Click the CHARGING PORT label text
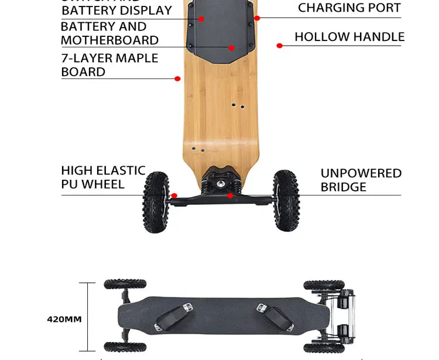pos(349,8)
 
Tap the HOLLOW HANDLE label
pos(349,36)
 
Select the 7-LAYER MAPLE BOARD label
pos(110,65)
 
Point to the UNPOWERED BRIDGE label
pos(361,180)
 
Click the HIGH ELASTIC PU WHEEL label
pos(103,177)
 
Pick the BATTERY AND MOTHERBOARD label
pos(110,33)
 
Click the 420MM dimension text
pos(64,319)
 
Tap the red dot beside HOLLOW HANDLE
pos(280,45)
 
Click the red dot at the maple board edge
pos(178,78)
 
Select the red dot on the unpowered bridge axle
pos(230,196)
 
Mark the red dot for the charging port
pos(257,18)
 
